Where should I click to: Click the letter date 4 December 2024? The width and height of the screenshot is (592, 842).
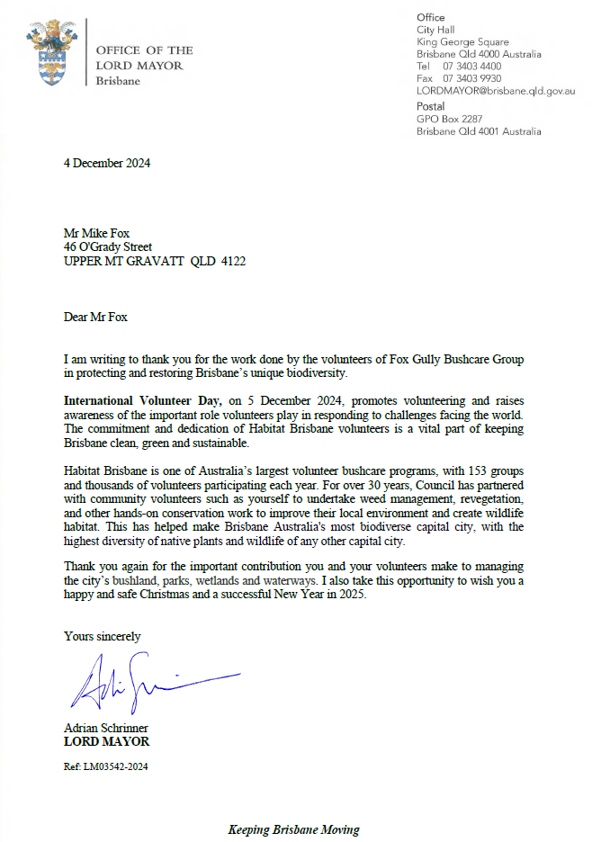(x=106, y=164)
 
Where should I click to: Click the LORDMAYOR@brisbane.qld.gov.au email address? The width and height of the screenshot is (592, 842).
(x=496, y=92)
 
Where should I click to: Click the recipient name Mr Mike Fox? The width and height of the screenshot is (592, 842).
(x=96, y=234)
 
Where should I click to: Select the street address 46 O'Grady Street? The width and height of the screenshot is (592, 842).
(x=108, y=247)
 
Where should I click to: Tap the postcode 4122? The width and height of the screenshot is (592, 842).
(x=233, y=261)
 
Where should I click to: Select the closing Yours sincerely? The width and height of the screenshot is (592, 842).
(x=102, y=637)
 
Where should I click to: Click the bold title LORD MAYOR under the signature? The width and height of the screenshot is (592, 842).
(x=106, y=742)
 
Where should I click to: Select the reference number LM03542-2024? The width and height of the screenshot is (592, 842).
(x=109, y=766)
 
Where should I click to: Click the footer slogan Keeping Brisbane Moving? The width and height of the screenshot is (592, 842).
(x=293, y=829)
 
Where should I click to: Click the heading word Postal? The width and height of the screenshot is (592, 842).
(x=432, y=106)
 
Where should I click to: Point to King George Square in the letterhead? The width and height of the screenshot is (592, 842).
(x=462, y=41)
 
